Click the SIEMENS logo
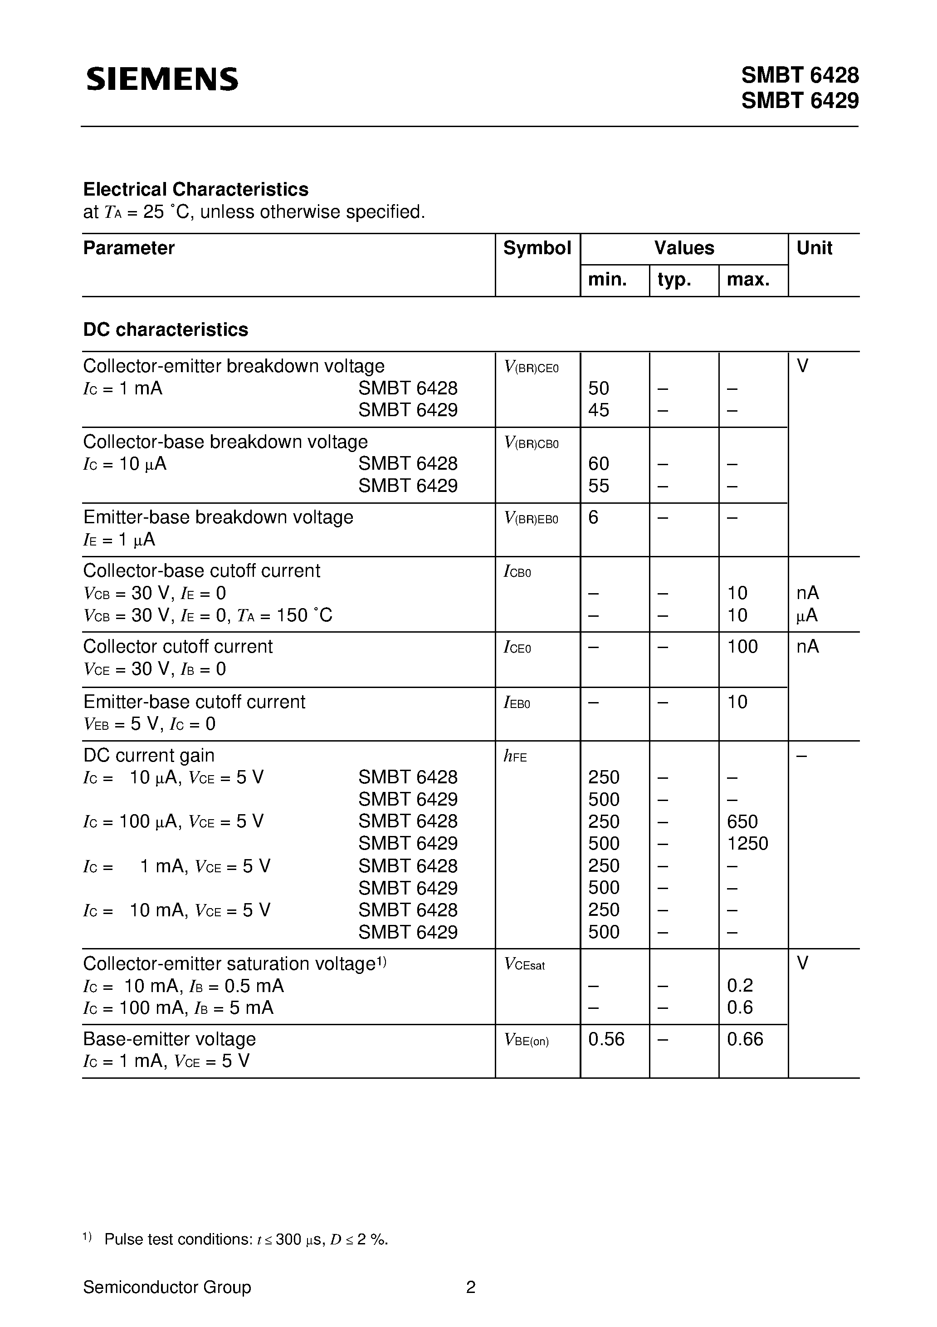(x=162, y=79)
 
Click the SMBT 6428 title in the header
(x=800, y=75)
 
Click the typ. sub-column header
(x=674, y=280)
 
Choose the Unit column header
(x=814, y=248)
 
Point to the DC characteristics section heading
(x=166, y=329)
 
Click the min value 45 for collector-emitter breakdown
(x=599, y=410)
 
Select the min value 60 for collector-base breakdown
(x=599, y=463)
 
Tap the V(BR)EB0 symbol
(x=532, y=518)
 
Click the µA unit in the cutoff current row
(x=807, y=615)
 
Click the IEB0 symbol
(x=517, y=703)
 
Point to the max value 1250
(x=747, y=844)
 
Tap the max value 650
(x=742, y=821)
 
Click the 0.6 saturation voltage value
(x=740, y=1008)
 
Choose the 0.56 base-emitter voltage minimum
(x=606, y=1039)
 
